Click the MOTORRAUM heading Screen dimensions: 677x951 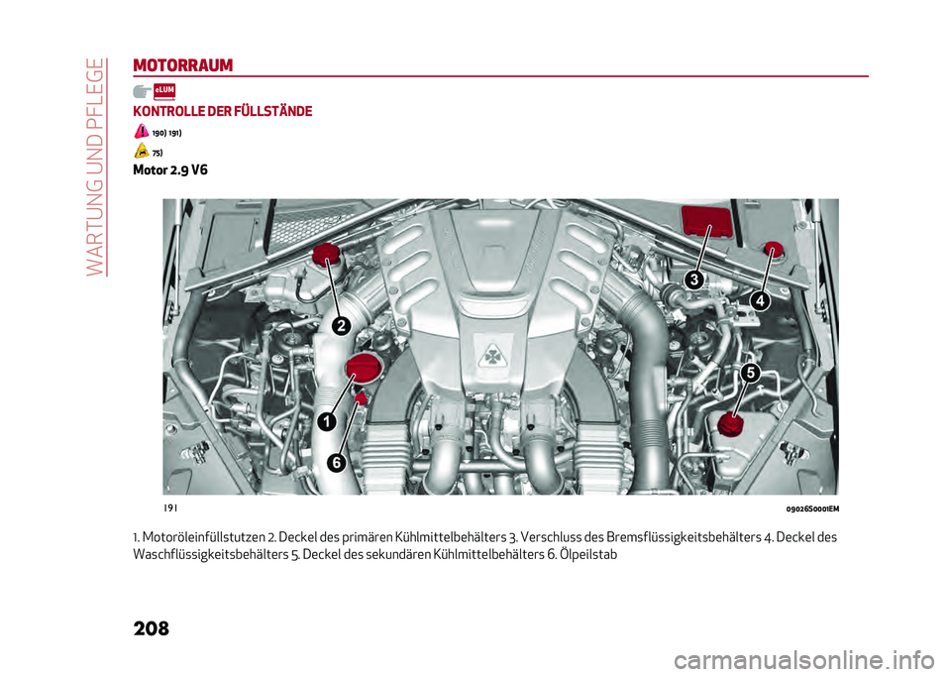[x=182, y=65]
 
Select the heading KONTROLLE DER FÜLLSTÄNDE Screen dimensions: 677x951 [x=222, y=111]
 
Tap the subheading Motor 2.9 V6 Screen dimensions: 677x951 [x=169, y=169]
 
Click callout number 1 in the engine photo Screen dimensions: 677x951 [x=324, y=423]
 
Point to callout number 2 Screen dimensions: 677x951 [x=340, y=325]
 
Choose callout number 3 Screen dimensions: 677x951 [x=695, y=281]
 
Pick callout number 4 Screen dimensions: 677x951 [x=759, y=299]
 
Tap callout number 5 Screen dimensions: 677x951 [x=750, y=373]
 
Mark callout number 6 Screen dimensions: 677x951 [x=336, y=463]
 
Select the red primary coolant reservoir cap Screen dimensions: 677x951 [x=326, y=258]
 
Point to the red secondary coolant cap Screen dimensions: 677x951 [x=731, y=425]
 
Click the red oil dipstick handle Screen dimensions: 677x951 [x=362, y=398]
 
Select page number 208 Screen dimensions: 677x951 [x=150, y=628]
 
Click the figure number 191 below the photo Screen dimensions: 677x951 [x=171, y=508]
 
